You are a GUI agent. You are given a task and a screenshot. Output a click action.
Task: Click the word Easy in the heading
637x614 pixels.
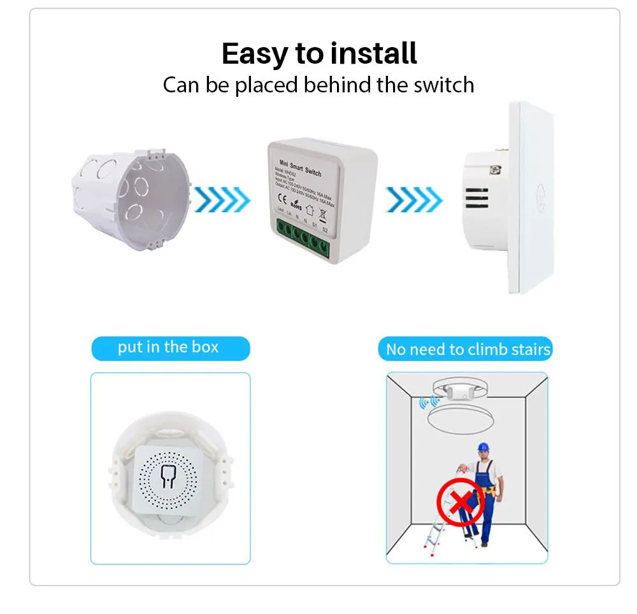click(x=255, y=55)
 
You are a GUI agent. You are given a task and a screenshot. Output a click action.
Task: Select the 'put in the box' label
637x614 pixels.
click(x=169, y=348)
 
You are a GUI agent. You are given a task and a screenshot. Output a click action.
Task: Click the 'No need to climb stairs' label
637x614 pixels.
click(x=468, y=350)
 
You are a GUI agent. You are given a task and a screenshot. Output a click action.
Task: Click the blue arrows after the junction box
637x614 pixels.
click(x=222, y=199)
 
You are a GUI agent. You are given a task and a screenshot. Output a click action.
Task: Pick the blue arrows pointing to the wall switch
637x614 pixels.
click(x=414, y=199)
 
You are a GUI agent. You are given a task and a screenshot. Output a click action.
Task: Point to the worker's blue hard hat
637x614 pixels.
click(x=485, y=447)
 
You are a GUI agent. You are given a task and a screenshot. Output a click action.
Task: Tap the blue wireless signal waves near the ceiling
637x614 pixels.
click(x=429, y=402)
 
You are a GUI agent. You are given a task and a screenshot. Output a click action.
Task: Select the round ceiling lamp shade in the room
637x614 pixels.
click(x=464, y=421)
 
